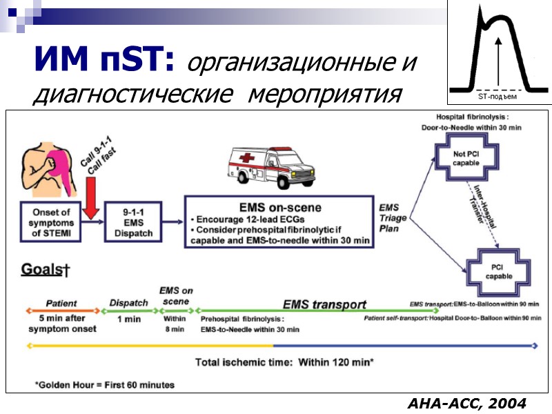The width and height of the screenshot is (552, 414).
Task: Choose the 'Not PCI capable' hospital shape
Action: [466, 158]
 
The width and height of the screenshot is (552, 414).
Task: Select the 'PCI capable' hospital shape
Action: [498, 271]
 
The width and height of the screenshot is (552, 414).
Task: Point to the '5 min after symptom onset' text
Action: [62, 324]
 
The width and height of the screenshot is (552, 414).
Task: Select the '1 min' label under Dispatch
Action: [129, 319]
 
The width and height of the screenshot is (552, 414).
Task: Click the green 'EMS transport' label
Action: [324, 304]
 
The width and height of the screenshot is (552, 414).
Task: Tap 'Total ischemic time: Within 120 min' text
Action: [284, 362]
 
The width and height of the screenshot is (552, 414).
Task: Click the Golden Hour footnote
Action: [105, 384]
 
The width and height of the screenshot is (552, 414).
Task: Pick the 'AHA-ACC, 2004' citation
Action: [466, 402]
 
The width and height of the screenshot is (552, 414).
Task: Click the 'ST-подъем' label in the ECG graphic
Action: [497, 97]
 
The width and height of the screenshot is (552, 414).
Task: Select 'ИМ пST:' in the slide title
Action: [103, 61]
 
